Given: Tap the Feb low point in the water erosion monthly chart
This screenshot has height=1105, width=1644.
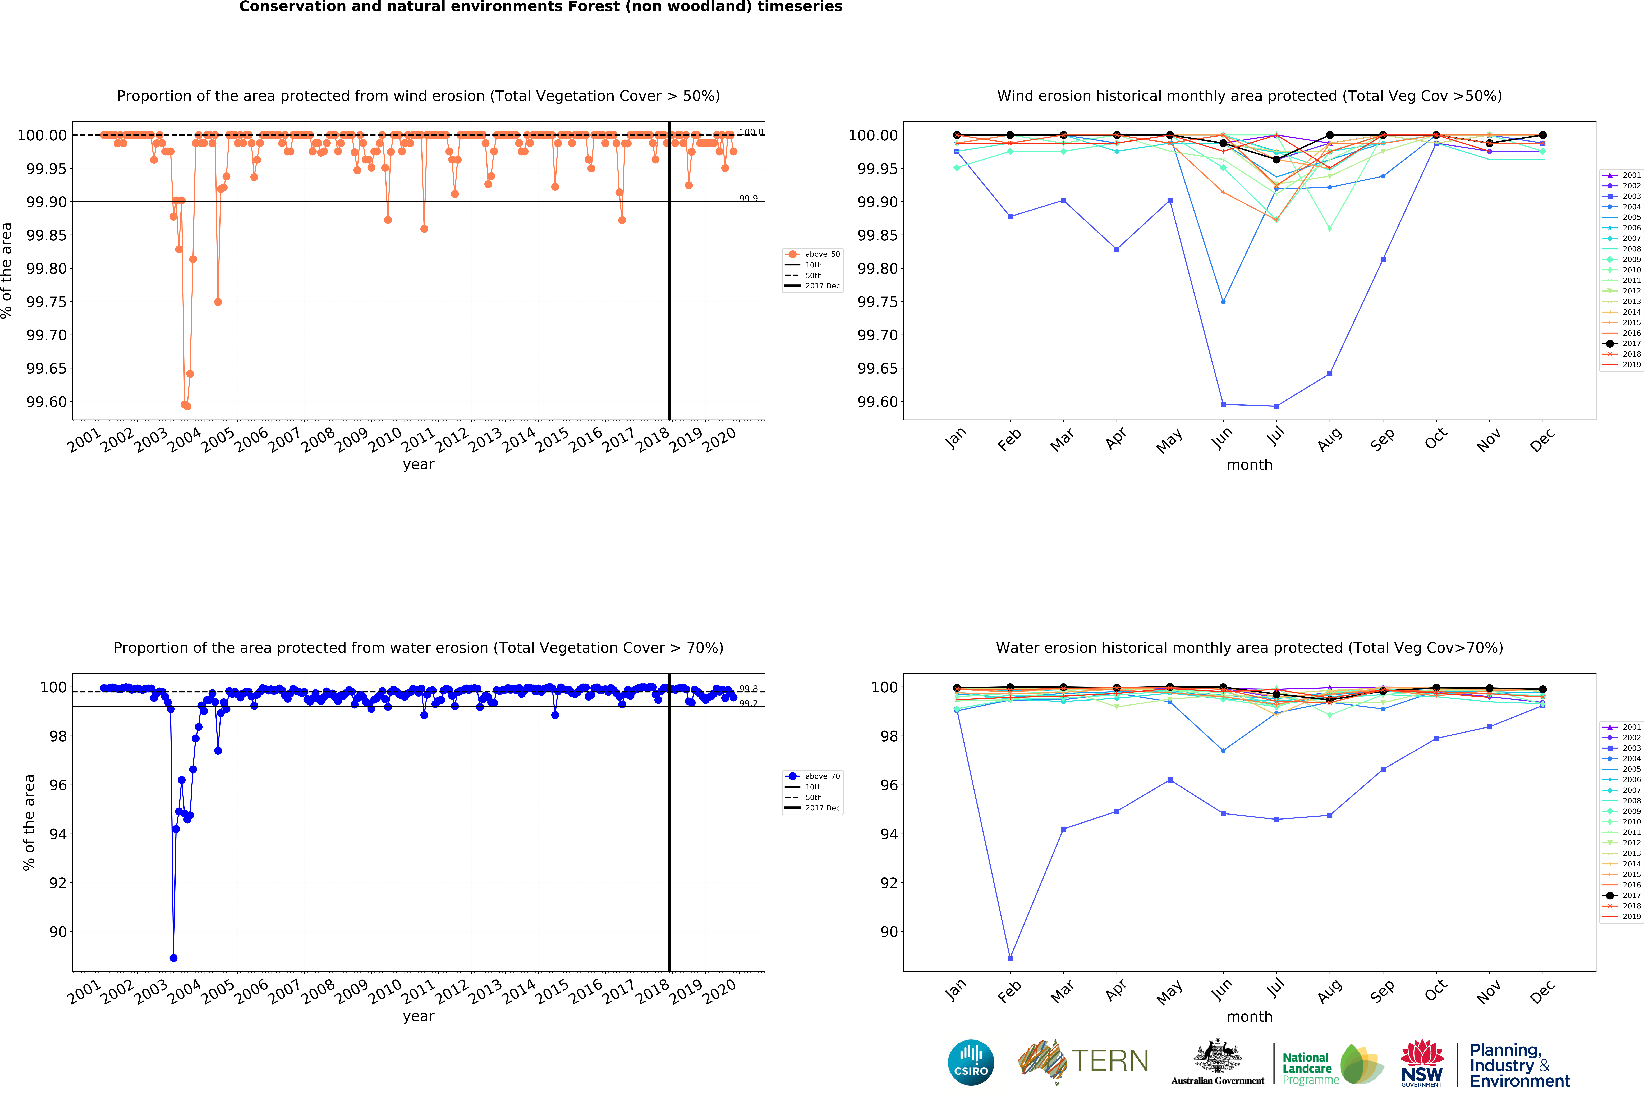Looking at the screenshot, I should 1010,958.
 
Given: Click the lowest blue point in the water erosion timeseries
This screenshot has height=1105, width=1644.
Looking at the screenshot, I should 173,958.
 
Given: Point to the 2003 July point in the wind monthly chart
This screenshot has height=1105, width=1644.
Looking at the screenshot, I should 1276,406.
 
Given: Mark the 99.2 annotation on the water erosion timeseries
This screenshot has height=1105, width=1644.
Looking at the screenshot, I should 748,703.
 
